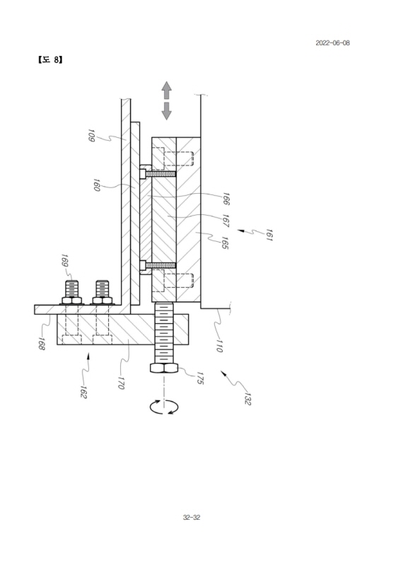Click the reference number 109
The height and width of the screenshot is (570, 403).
[x=91, y=135]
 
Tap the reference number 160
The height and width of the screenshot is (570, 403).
[x=96, y=185]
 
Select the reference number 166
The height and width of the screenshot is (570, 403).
[x=226, y=199]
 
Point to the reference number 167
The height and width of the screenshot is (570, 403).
[x=226, y=221]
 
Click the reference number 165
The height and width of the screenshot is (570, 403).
[x=224, y=243]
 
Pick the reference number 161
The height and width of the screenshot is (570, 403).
[x=269, y=235]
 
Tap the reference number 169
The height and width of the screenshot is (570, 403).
[x=64, y=261]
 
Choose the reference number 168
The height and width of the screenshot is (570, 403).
[x=41, y=344]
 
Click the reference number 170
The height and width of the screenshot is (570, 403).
[x=121, y=383]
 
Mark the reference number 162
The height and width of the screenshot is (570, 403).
[x=83, y=392]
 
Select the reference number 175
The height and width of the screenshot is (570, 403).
[x=199, y=378]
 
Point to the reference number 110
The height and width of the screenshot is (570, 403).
[x=218, y=345]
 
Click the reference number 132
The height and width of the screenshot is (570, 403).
[x=247, y=398]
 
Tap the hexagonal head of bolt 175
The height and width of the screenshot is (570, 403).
[x=164, y=368]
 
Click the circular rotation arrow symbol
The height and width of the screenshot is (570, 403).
[x=164, y=407]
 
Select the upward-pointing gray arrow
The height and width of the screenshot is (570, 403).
[x=166, y=90]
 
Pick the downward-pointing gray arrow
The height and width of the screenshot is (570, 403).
[x=166, y=111]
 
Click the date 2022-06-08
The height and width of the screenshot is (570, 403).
[x=332, y=43]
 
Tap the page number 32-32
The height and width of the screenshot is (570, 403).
[x=192, y=517]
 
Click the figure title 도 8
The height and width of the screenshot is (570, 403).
[x=50, y=59]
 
